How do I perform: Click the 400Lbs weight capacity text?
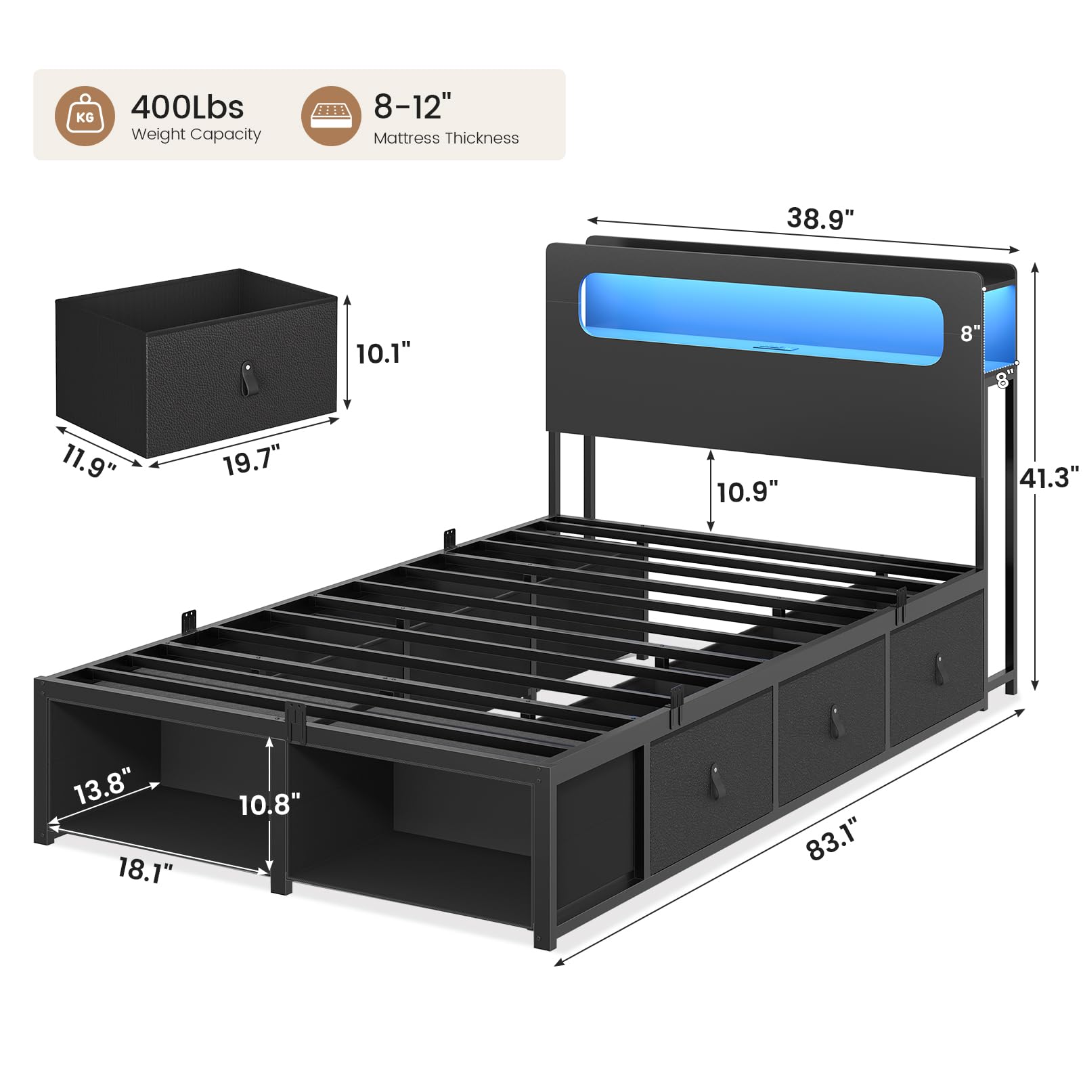pos(187,107)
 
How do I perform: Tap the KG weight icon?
pos(85,116)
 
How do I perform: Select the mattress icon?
pos(331,116)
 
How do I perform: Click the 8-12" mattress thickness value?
pos(412,106)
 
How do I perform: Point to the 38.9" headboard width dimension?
pos(820,219)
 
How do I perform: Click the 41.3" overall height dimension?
pos(1048,477)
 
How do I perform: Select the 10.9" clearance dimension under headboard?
pos(747,492)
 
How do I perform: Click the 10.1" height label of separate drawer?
pos(383,353)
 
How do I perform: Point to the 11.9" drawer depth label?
pos(89,460)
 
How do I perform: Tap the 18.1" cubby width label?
pos(145,870)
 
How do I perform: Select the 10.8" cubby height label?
pos(269,805)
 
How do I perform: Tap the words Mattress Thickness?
pos(446,138)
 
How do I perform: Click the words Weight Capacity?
pos(196,134)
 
